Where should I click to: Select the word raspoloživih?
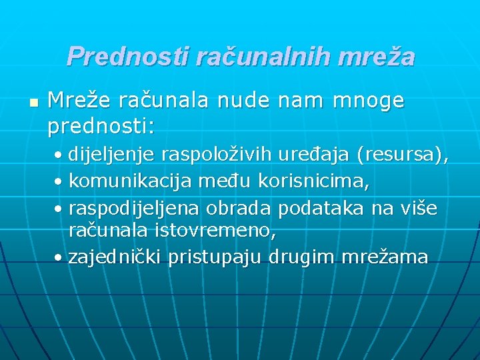(x=223, y=155)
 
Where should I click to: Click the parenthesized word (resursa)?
(x=403, y=155)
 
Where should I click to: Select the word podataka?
(x=321, y=208)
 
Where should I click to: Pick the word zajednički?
(x=115, y=257)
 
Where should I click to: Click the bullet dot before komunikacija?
(x=59, y=182)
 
